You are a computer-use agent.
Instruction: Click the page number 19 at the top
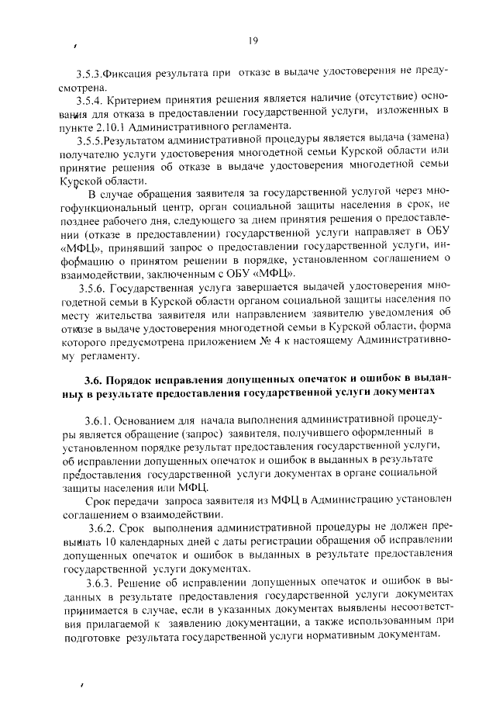pos(253,41)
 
